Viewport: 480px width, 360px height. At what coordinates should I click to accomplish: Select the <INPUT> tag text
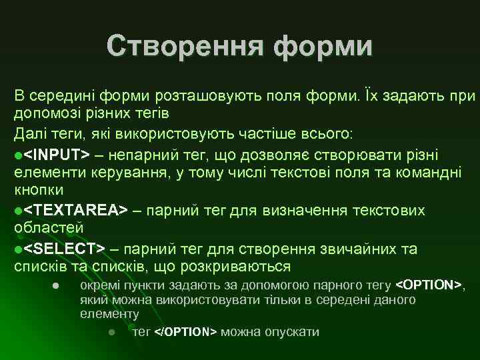click(57, 155)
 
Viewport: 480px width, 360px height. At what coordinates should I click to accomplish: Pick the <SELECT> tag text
click(64, 249)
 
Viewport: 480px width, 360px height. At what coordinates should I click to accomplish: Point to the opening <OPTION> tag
click(428, 286)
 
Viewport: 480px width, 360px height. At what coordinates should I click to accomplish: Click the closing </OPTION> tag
click(185, 332)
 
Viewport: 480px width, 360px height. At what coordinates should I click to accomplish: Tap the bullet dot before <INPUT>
click(18, 155)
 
